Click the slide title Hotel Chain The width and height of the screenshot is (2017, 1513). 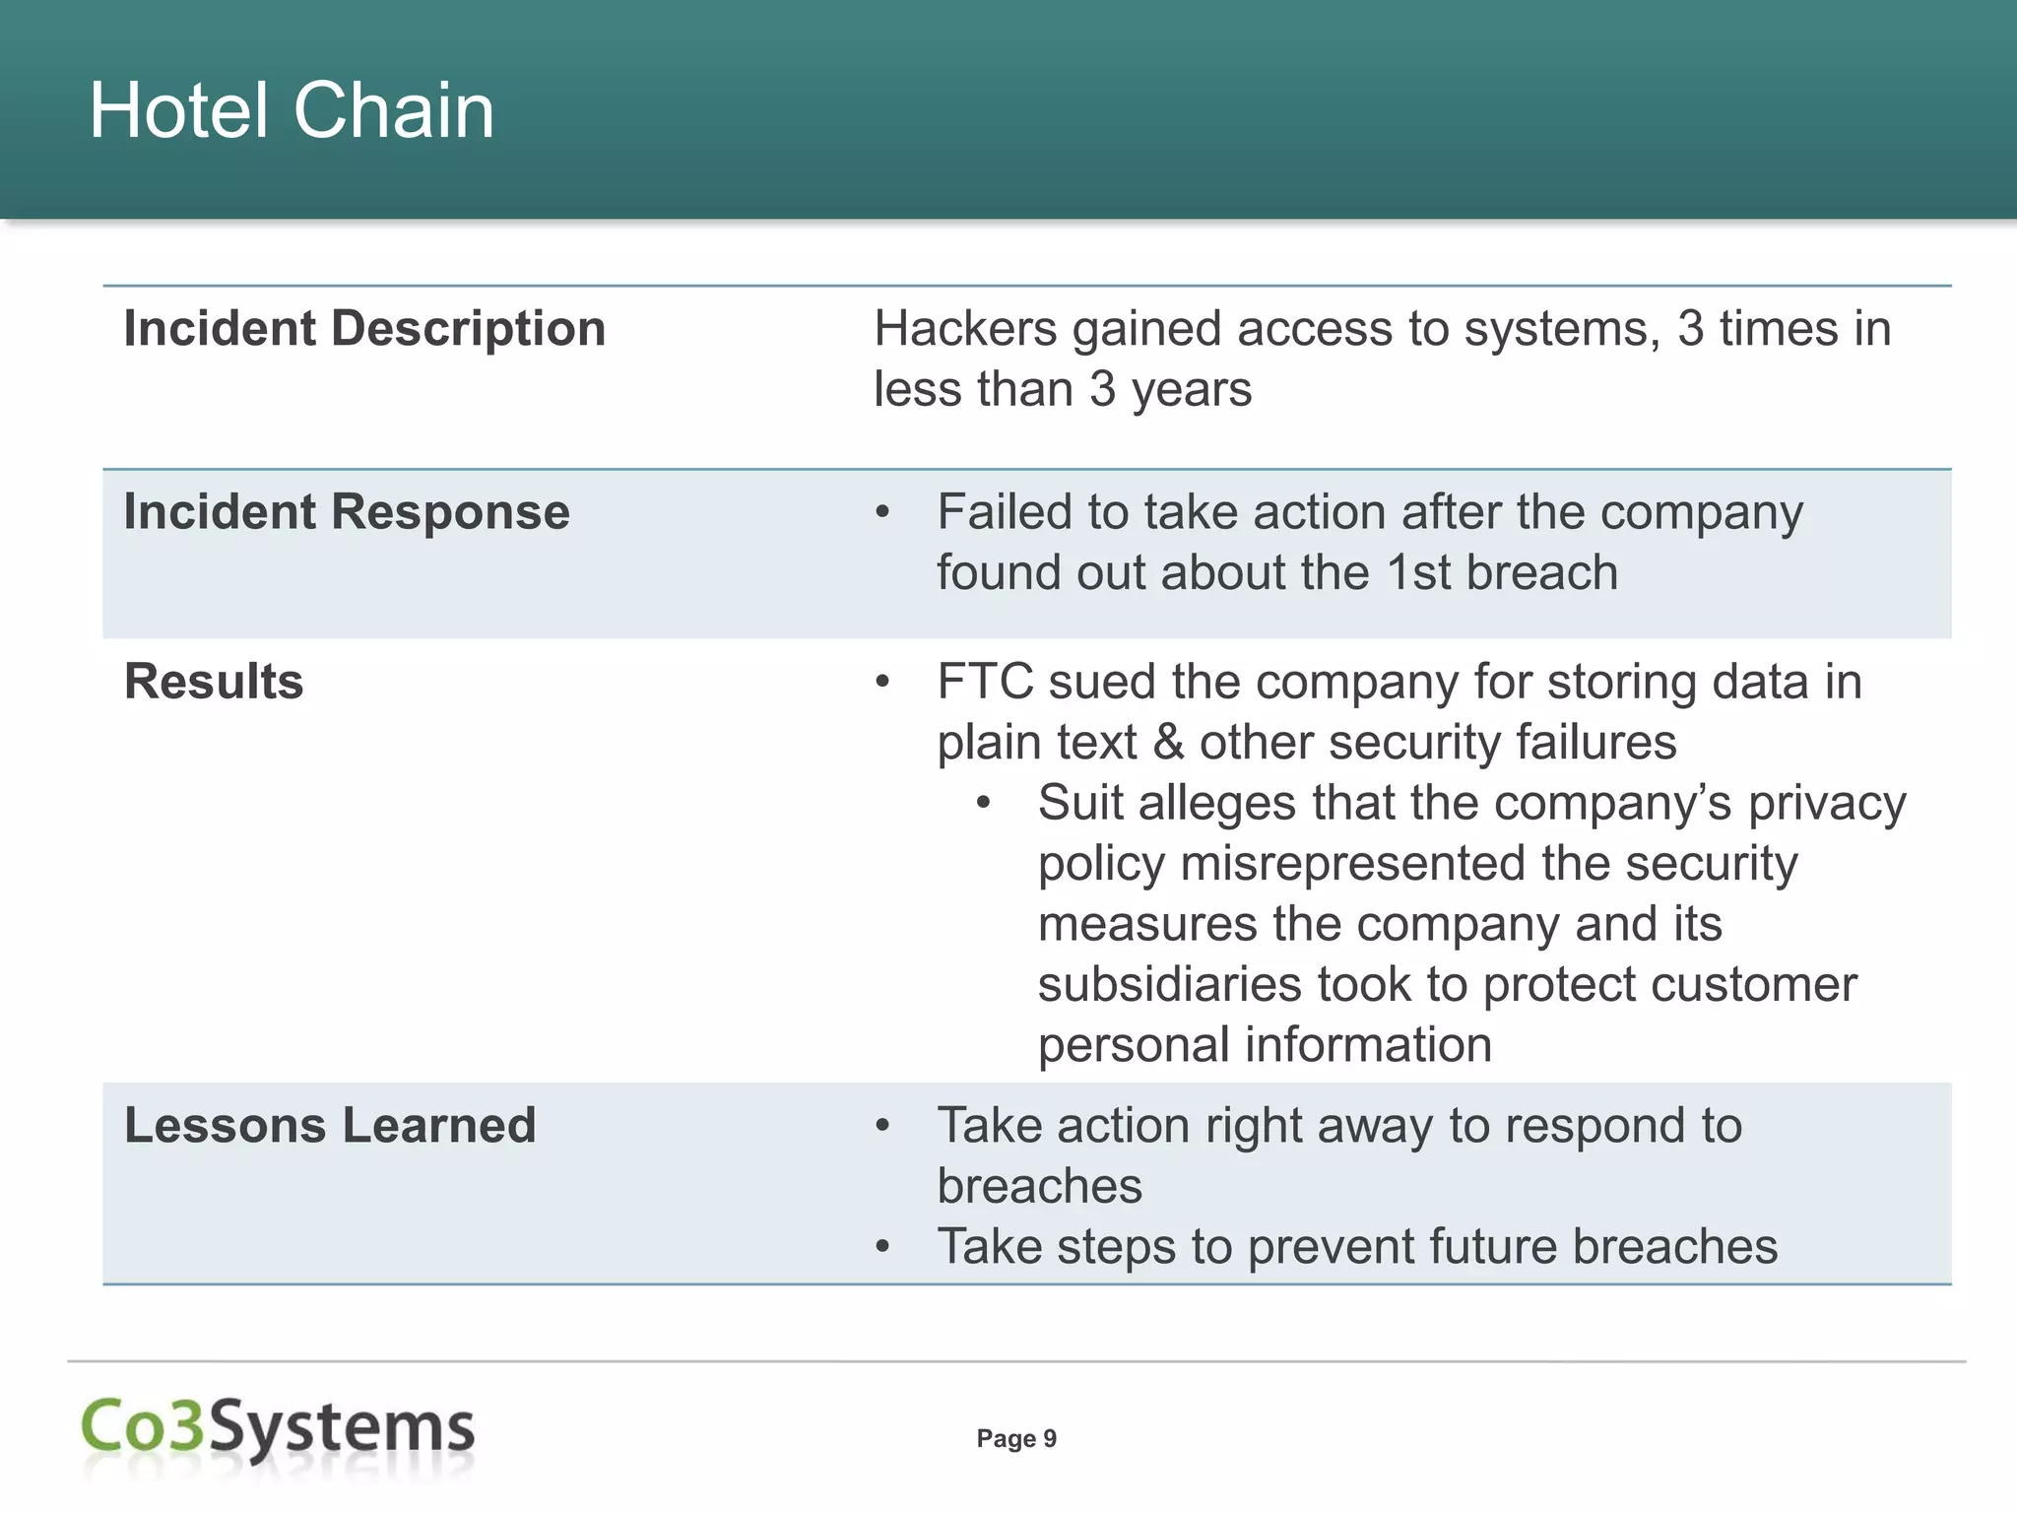tap(292, 110)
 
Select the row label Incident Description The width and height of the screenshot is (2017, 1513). tap(364, 328)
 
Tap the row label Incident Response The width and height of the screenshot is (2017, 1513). tap(347, 512)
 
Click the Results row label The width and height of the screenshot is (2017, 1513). tap(214, 682)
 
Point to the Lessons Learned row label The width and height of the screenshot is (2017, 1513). tap(330, 1125)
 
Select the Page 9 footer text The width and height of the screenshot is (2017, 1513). tap(1016, 1439)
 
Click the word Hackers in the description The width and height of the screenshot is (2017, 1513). tap(965, 329)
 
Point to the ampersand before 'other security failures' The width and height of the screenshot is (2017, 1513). tap(1168, 743)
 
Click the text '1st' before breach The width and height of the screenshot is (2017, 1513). tap(1418, 573)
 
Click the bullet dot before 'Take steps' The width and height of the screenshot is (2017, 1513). tap(883, 1248)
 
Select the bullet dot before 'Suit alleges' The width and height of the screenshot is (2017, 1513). tap(983, 804)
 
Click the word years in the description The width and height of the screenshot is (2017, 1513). tap(1191, 390)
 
